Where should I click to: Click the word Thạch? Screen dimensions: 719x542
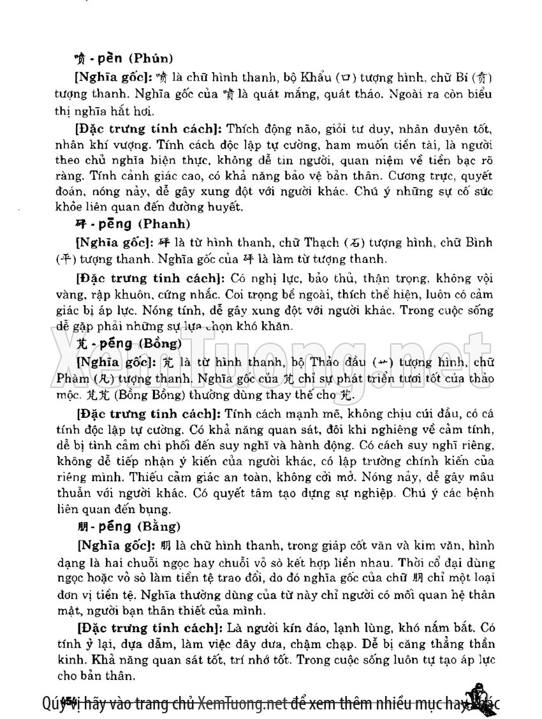324,243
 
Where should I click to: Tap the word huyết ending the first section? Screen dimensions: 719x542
227,206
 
